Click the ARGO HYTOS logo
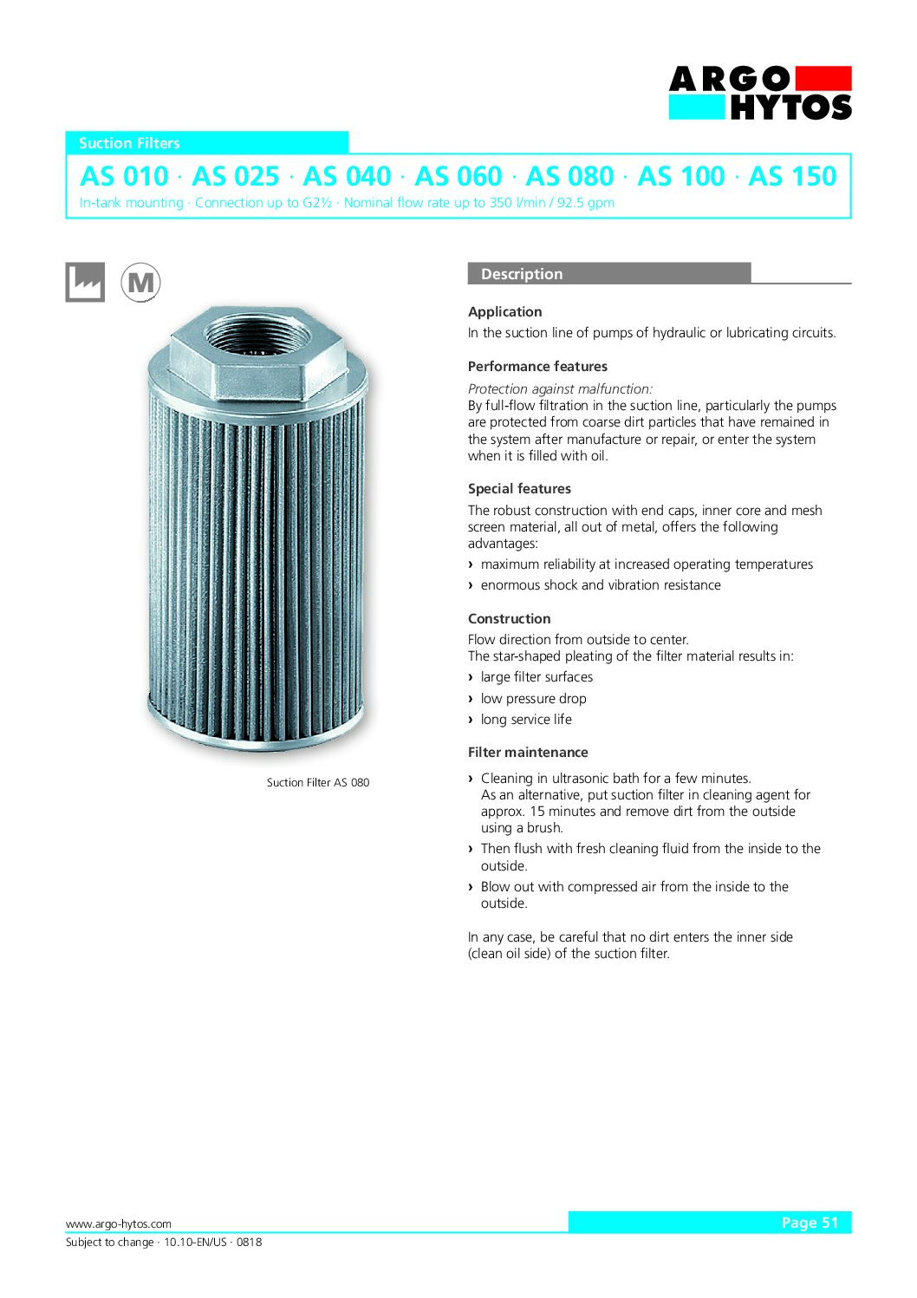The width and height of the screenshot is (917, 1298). coord(760,93)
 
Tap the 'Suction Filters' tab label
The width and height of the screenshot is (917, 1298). coord(129,143)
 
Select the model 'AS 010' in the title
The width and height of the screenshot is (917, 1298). coord(124,176)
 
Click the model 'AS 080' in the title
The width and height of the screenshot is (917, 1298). coord(569,176)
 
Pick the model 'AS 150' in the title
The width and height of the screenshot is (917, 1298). coord(792,176)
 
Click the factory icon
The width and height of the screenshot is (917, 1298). coord(85,282)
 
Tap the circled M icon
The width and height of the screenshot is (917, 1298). coord(140,282)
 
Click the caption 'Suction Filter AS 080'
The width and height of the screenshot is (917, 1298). coord(318,782)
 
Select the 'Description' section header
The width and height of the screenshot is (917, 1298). coord(522,274)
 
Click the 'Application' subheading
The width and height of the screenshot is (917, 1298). coord(504,312)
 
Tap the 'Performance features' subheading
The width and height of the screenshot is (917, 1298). coord(537,367)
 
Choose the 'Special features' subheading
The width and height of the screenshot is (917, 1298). coord(519,489)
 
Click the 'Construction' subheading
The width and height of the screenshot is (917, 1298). coord(509,619)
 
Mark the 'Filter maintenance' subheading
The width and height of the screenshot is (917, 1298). coord(528,753)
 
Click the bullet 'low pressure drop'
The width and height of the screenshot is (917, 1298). coord(533,699)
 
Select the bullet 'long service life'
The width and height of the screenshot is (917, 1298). coord(526,720)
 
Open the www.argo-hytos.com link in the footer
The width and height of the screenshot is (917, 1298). coord(119,1224)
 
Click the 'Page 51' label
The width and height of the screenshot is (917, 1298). coord(810,1223)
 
